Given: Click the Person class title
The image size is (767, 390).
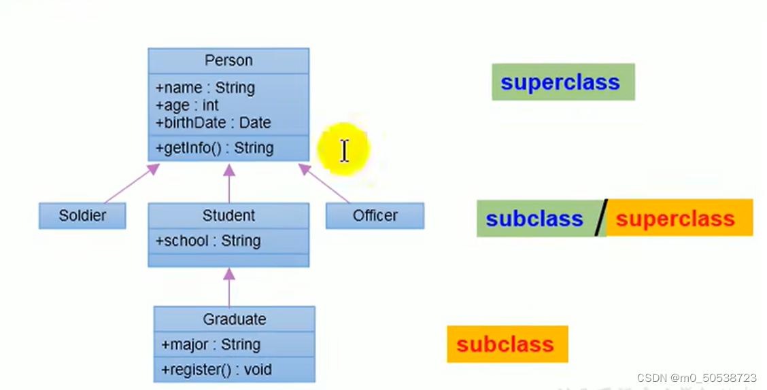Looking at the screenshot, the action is (x=228, y=60).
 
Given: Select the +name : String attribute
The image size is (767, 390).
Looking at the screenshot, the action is (x=205, y=88).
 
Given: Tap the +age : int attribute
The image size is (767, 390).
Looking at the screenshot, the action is (x=187, y=105).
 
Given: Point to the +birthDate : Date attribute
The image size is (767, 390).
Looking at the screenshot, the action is (x=213, y=123).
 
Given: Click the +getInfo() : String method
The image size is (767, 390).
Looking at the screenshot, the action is (x=214, y=148).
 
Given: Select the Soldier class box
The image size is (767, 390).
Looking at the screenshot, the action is (x=82, y=215).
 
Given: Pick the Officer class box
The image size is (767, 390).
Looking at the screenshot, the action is (x=375, y=215).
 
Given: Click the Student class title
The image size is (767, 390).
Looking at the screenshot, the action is (x=228, y=215).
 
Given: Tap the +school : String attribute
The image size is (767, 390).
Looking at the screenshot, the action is (x=208, y=241).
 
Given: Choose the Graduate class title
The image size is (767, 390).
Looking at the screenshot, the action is (x=234, y=319).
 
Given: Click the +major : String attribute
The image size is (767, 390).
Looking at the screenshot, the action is (x=211, y=344).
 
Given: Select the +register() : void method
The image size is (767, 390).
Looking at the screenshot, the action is (x=216, y=370).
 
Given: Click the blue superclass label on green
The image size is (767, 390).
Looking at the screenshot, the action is (x=560, y=82).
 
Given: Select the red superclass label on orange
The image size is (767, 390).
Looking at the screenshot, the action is (x=675, y=219).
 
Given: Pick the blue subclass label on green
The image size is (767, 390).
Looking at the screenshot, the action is (x=534, y=219).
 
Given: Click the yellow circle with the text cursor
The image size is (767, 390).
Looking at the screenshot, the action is (x=343, y=150).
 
